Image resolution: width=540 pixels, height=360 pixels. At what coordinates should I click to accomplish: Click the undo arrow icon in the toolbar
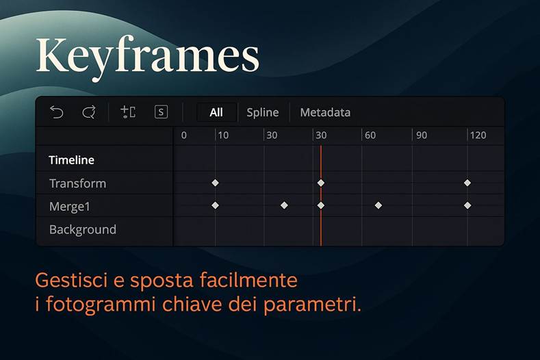[56, 112]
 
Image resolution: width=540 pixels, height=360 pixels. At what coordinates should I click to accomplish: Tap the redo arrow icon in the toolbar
[88, 112]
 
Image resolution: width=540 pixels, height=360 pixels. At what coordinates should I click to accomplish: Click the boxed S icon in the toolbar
[161, 112]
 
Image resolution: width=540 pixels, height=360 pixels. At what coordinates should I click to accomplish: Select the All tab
[216, 112]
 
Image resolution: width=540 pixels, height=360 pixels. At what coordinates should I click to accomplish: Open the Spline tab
[263, 112]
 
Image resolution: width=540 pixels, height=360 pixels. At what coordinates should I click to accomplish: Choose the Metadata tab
[325, 112]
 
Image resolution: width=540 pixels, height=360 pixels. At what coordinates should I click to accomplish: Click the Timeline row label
[71, 160]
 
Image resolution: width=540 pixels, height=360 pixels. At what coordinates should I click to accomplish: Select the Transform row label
[77, 183]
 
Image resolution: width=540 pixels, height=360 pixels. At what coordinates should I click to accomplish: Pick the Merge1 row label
[70, 206]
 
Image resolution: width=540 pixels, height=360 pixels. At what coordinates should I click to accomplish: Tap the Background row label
[82, 229]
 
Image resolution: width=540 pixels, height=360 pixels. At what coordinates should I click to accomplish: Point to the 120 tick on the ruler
[477, 136]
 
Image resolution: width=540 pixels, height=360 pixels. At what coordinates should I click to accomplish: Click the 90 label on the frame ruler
[422, 136]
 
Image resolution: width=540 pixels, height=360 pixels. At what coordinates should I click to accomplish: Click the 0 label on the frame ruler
[183, 136]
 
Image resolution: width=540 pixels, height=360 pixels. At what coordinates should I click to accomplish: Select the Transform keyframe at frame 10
[215, 183]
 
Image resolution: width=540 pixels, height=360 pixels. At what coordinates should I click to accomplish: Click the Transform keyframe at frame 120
[467, 183]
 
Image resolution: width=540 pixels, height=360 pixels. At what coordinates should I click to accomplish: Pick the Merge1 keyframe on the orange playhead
[320, 205]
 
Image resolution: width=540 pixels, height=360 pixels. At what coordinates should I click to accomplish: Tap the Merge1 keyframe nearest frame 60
[378, 205]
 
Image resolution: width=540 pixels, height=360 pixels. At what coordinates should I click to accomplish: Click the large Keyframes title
[147, 56]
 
